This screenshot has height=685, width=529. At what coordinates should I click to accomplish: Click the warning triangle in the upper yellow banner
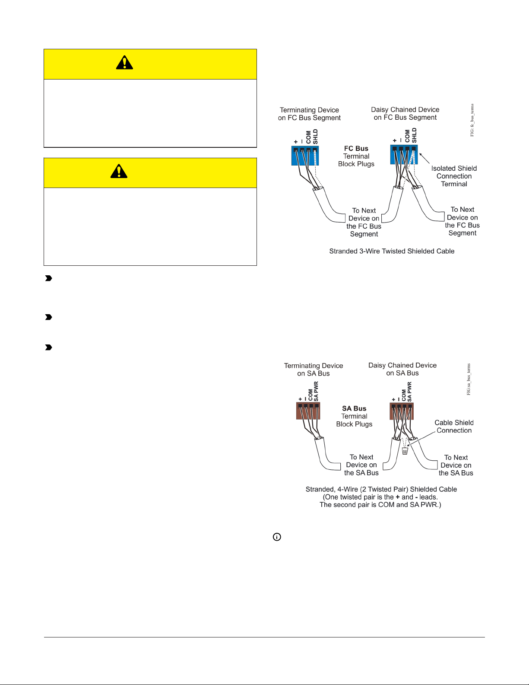point(124,63)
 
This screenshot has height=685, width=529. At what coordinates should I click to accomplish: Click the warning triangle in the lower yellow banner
point(119,172)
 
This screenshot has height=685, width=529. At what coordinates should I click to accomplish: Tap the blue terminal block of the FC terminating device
point(305,156)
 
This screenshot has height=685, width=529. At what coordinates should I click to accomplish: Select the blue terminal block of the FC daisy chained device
point(404,155)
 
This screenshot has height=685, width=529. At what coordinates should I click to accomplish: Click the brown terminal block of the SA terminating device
point(308,411)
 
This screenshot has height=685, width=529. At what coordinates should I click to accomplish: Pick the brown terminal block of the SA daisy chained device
point(402,411)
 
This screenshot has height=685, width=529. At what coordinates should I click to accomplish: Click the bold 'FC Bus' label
point(356,148)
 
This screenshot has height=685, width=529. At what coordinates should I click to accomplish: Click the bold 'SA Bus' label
point(354,408)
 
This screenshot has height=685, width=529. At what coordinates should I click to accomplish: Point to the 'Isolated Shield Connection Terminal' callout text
point(454,176)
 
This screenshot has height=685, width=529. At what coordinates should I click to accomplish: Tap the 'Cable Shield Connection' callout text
point(454,427)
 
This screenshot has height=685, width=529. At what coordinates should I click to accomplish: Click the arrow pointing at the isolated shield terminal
point(424,158)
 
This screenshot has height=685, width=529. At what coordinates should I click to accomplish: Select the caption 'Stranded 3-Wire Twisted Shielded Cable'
point(392,251)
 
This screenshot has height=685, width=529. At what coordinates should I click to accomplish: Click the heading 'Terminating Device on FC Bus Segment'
point(309,114)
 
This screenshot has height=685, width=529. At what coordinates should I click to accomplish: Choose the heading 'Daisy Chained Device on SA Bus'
point(402,369)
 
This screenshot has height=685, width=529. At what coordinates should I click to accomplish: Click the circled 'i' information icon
point(277,537)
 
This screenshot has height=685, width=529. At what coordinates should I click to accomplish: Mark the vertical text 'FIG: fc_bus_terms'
point(472,120)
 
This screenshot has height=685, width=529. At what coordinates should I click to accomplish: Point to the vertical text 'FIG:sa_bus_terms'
point(469,379)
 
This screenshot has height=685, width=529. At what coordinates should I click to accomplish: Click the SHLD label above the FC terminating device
point(315,137)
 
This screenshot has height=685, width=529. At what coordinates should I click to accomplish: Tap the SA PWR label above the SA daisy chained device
point(409,392)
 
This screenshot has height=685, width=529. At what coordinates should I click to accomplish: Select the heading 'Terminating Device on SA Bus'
point(314,370)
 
